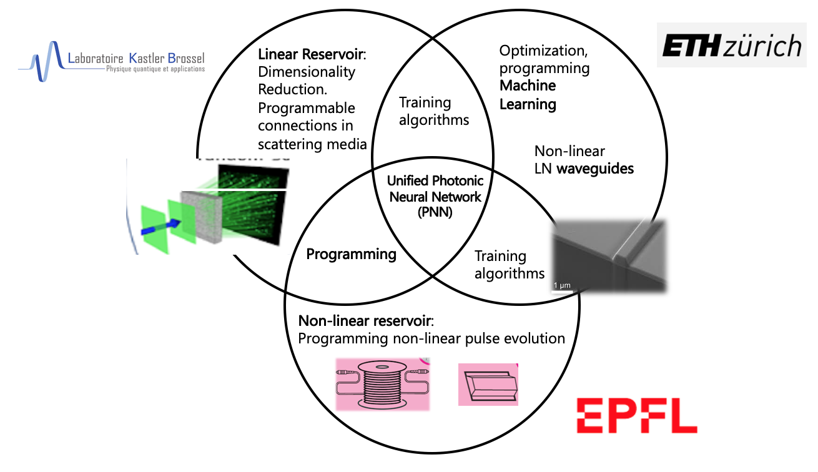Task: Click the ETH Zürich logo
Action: (x=732, y=46)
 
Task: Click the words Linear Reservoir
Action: (x=311, y=55)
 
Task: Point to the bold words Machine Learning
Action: (x=528, y=95)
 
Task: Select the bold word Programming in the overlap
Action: (x=351, y=254)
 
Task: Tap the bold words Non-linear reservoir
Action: (x=365, y=321)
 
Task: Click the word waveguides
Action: (x=601, y=168)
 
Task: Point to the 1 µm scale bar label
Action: (x=562, y=285)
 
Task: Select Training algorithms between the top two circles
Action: (x=434, y=111)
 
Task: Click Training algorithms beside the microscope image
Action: (x=509, y=264)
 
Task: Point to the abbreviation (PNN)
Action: (x=435, y=212)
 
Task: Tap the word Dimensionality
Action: (x=306, y=72)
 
